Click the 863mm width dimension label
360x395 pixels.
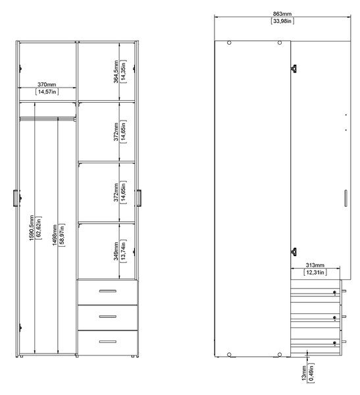pyautogui.click(x=282, y=14)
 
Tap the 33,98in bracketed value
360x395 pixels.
pyautogui.click(x=282, y=21)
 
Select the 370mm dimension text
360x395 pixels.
pyautogui.click(x=47, y=84)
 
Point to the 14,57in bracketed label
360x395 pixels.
pyautogui.click(x=47, y=92)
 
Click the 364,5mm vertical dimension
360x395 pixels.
pyautogui.click(x=116, y=72)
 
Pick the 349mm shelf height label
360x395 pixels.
pyautogui.click(x=116, y=251)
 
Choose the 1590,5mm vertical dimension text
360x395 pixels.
pyautogui.click(x=32, y=228)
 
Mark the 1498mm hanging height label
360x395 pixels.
pyautogui.click(x=55, y=235)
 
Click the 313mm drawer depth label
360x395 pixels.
pyautogui.click(x=315, y=265)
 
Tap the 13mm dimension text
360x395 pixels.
pyautogui.click(x=304, y=373)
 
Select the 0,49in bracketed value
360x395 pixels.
pyautogui.click(x=311, y=373)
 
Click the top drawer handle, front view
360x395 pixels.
pyautogui.click(x=107, y=291)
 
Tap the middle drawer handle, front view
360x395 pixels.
pyautogui.click(x=107, y=317)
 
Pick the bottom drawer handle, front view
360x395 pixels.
pyautogui.click(x=107, y=342)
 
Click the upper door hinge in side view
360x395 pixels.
pyautogui.click(x=294, y=68)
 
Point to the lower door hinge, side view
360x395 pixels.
pyautogui.click(x=294, y=251)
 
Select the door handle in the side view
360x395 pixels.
pyautogui.click(x=346, y=198)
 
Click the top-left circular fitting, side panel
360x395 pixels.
pyautogui.click(x=229, y=43)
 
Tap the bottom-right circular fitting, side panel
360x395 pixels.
pyautogui.click(x=280, y=355)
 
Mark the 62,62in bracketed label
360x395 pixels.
pyautogui.click(x=39, y=228)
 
